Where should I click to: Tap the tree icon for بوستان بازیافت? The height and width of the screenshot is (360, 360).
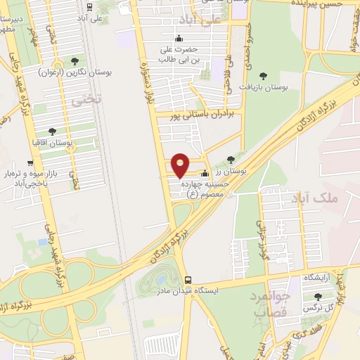(264, 76)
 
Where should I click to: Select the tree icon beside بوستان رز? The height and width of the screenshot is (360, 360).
(231, 160)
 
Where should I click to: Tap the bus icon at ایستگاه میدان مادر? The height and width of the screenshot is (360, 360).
(187, 279)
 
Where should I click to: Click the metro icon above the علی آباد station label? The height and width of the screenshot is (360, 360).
(89, 6)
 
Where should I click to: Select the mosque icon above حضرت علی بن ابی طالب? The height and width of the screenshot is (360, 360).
(181, 39)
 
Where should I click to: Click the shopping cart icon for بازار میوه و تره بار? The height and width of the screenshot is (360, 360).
(30, 163)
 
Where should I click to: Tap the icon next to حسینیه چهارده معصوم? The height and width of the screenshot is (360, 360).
(205, 174)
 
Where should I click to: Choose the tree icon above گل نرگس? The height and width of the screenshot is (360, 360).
(318, 297)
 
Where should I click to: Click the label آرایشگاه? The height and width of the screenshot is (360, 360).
(317, 278)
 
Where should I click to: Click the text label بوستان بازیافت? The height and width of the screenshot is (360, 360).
(265, 87)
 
